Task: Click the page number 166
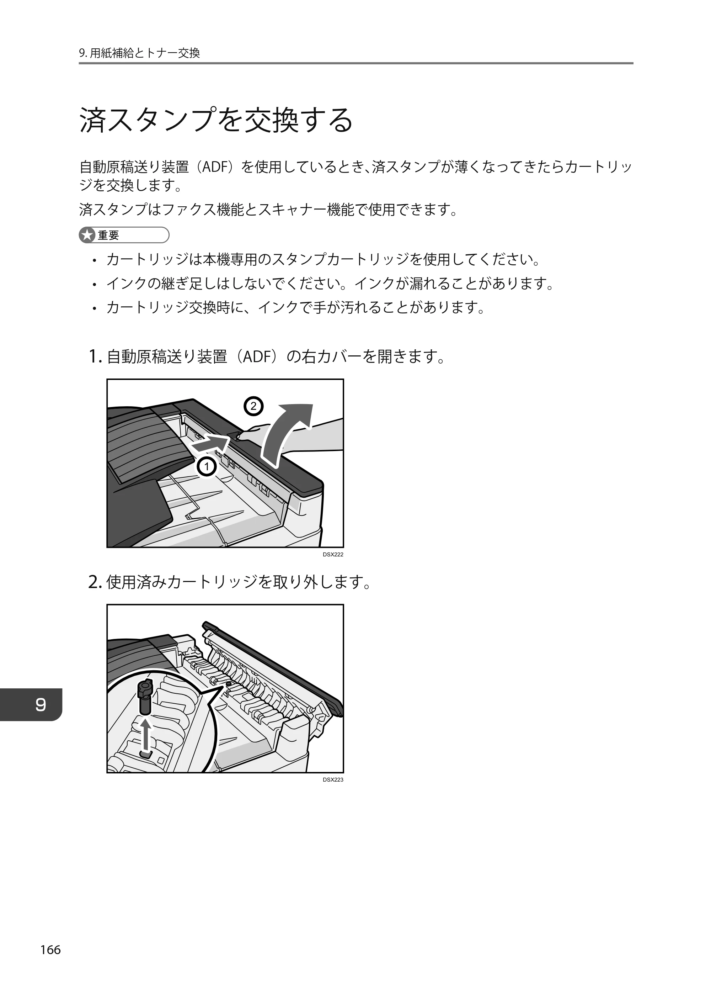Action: pyautogui.click(x=50, y=950)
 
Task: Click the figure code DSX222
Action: pyautogui.click(x=333, y=555)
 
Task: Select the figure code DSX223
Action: pyautogui.click(x=333, y=780)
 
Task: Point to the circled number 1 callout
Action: pyautogui.click(x=207, y=467)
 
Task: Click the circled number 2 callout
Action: pyautogui.click(x=253, y=406)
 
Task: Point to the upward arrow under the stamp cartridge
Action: pyautogui.click(x=146, y=736)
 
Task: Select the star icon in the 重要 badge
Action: pyautogui.click(x=87, y=235)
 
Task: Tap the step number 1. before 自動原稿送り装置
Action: pyautogui.click(x=95, y=356)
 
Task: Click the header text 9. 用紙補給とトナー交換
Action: pyautogui.click(x=140, y=53)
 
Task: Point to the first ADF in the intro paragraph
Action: pyautogui.click(x=214, y=167)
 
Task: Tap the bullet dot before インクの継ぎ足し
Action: pyautogui.click(x=94, y=284)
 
